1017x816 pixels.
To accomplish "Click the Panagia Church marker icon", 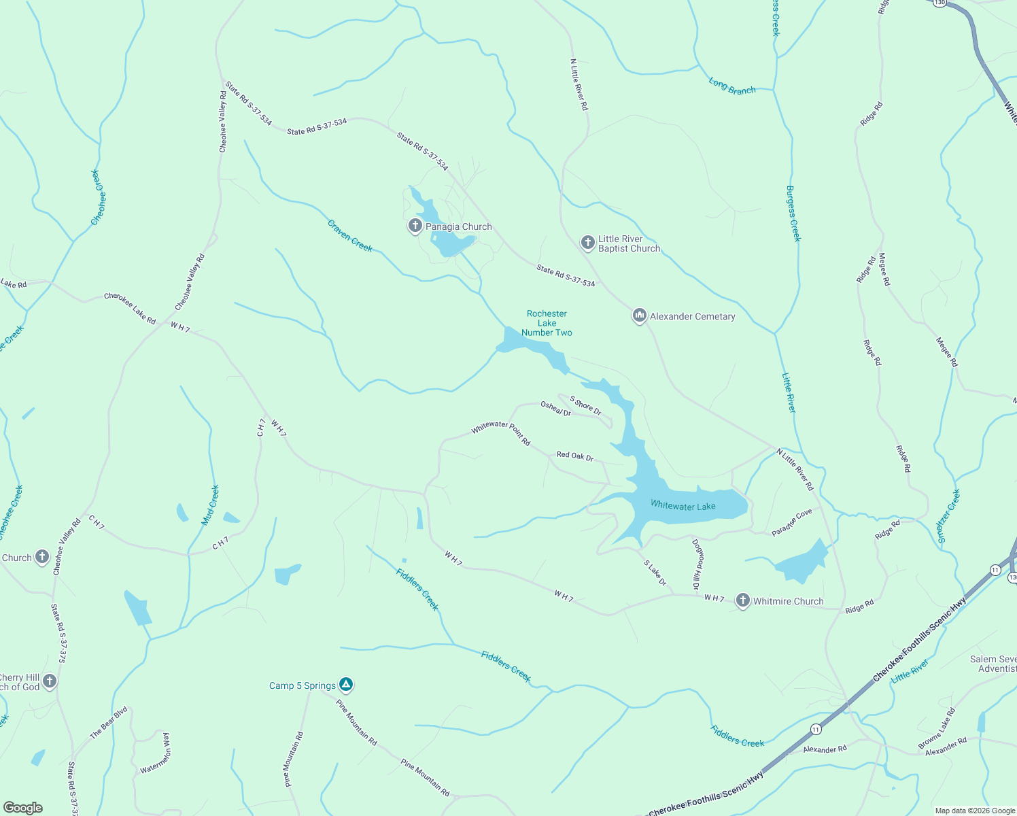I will [x=415, y=225].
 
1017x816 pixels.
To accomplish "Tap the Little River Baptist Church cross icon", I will [x=588, y=242].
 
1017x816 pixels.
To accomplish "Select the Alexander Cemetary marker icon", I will [x=639, y=316].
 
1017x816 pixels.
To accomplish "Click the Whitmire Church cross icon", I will [x=742, y=600].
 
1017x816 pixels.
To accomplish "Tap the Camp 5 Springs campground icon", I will [x=346, y=684].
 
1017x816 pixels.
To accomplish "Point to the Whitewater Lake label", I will [x=683, y=506].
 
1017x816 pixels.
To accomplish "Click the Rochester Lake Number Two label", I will [x=547, y=323].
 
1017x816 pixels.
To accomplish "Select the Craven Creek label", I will [x=350, y=235].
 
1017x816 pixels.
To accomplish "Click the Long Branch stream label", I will [x=732, y=86].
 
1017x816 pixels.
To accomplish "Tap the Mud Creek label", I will [x=211, y=505].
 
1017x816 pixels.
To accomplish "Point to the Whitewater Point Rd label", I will [x=501, y=432].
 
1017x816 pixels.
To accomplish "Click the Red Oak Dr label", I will [x=575, y=456].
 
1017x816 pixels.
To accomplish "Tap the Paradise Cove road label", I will [x=792, y=522].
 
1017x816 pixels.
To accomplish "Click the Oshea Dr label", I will [x=555, y=409].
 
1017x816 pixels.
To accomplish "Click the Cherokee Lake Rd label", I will [x=130, y=308].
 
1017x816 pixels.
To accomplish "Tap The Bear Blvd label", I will [x=109, y=723].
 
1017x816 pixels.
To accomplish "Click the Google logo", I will [x=24, y=807].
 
